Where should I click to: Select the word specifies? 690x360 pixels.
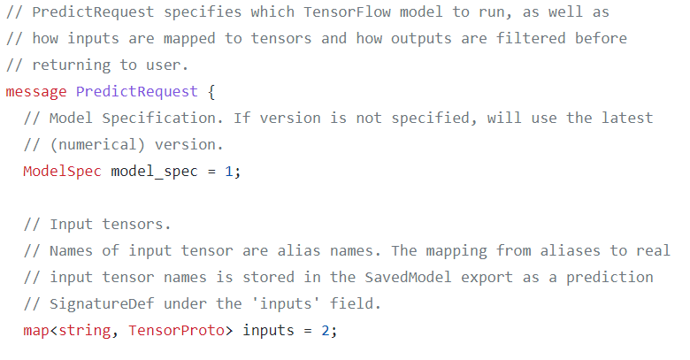(189, 12)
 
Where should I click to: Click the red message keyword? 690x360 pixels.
(36, 92)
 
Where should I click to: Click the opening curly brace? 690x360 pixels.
(211, 92)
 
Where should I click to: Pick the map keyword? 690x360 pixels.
(36, 330)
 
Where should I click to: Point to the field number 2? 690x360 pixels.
(325, 330)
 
